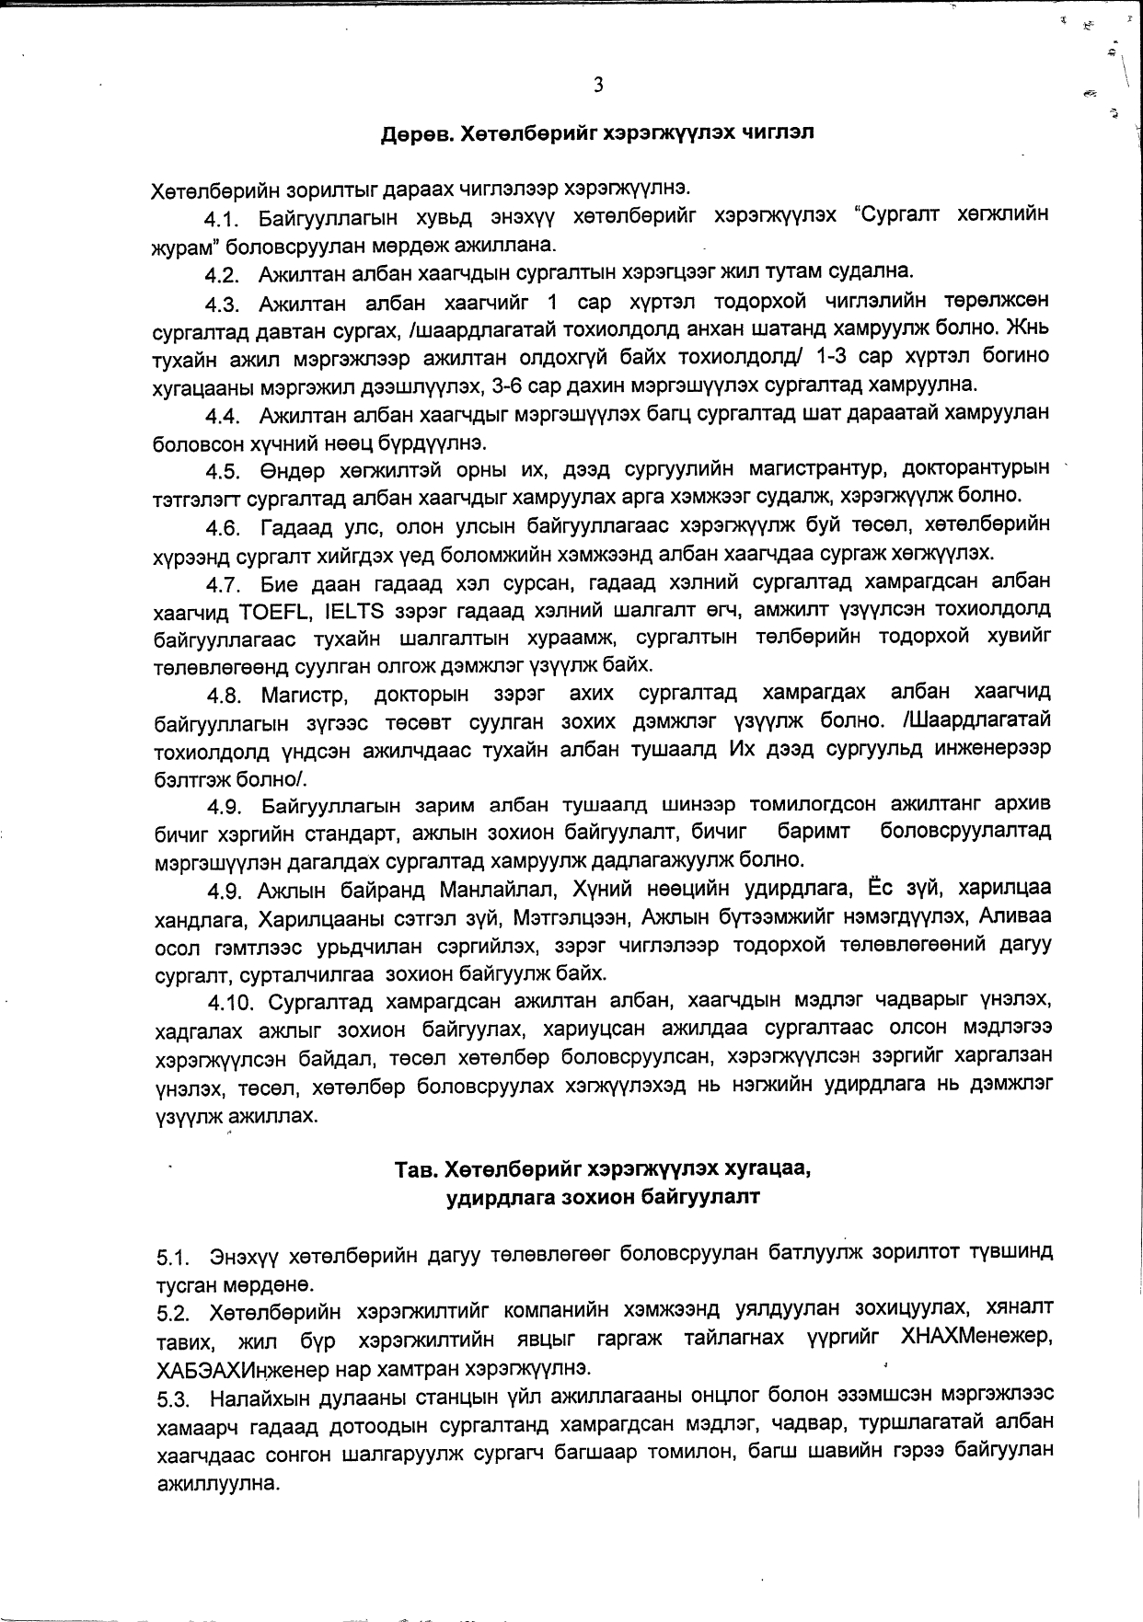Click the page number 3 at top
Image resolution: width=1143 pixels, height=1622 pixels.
tap(598, 86)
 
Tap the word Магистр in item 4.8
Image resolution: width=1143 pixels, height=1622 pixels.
tap(304, 693)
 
